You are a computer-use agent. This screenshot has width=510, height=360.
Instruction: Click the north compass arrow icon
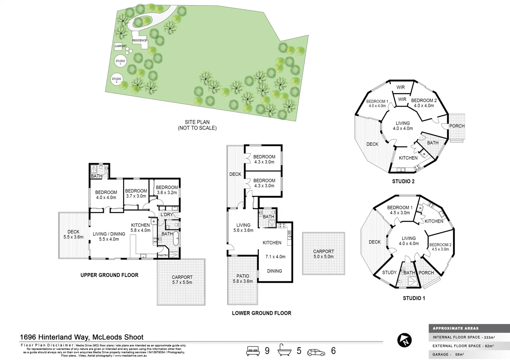coord(404,340)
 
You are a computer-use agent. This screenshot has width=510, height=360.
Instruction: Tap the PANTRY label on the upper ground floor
coord(163,255)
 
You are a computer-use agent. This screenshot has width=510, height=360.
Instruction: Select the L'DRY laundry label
coord(166,214)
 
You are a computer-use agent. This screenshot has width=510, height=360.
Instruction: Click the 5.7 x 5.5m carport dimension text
coord(182,282)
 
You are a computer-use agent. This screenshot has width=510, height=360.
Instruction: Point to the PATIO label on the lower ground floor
coord(242,276)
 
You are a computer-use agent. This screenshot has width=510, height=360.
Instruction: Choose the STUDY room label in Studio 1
coord(389,272)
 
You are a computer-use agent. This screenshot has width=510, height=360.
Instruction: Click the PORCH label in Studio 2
coord(457,126)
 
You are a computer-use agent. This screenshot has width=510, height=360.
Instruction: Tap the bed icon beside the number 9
coord(253,351)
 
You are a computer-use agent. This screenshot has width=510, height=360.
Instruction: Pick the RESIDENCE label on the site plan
coord(139,40)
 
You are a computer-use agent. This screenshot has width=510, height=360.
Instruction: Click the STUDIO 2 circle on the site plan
coord(116,80)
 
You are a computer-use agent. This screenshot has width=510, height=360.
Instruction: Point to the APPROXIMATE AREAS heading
coord(455,328)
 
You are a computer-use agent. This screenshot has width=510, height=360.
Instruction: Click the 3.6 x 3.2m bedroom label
coord(167,193)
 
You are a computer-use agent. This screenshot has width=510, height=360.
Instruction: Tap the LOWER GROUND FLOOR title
coord(262,313)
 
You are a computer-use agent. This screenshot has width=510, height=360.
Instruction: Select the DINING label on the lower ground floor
coord(274,271)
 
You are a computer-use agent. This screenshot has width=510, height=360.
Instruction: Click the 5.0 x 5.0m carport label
coord(323,256)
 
